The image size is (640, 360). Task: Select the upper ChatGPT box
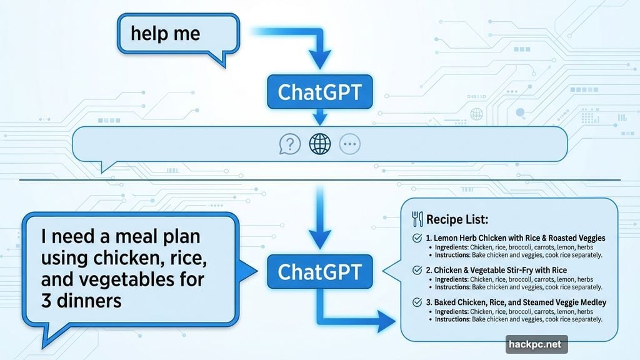tap(319, 93)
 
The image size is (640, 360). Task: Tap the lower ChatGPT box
tap(319, 272)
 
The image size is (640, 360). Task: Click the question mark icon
tap(289, 144)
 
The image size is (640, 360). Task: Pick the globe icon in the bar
tap(320, 144)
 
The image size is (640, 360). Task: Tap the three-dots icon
tap(350, 144)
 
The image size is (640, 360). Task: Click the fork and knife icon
tap(417, 218)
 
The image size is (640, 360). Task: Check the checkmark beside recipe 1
tap(416, 239)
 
